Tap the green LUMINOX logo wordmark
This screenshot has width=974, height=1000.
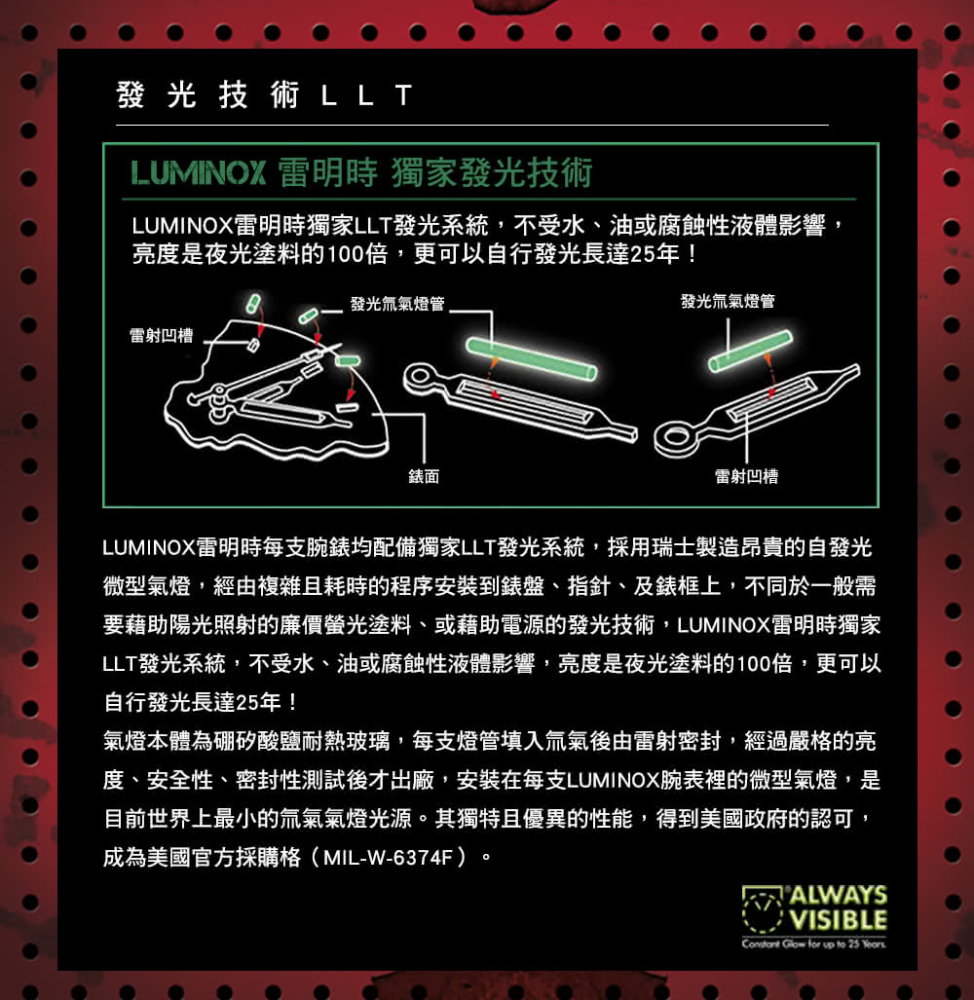coord(199,172)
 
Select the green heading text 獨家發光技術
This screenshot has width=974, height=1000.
coord(492,172)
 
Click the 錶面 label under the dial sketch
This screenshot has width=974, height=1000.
coord(424,476)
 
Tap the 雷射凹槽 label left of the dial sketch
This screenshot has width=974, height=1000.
coord(162,336)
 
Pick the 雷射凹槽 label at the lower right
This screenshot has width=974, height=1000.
coord(746,476)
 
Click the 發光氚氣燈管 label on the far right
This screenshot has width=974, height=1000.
coord(728,301)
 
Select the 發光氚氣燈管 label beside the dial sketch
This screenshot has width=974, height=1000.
coord(397,304)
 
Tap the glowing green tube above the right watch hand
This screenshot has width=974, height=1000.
coord(751,351)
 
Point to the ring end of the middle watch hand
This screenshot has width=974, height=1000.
coord(421,378)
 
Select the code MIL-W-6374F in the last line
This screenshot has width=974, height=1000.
coord(388,858)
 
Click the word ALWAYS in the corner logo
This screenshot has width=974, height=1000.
coord(839,895)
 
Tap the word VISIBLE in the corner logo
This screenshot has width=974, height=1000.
coord(839,919)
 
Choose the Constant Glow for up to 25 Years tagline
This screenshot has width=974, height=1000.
coord(814,944)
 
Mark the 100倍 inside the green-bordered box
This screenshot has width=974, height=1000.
coord(356,254)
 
